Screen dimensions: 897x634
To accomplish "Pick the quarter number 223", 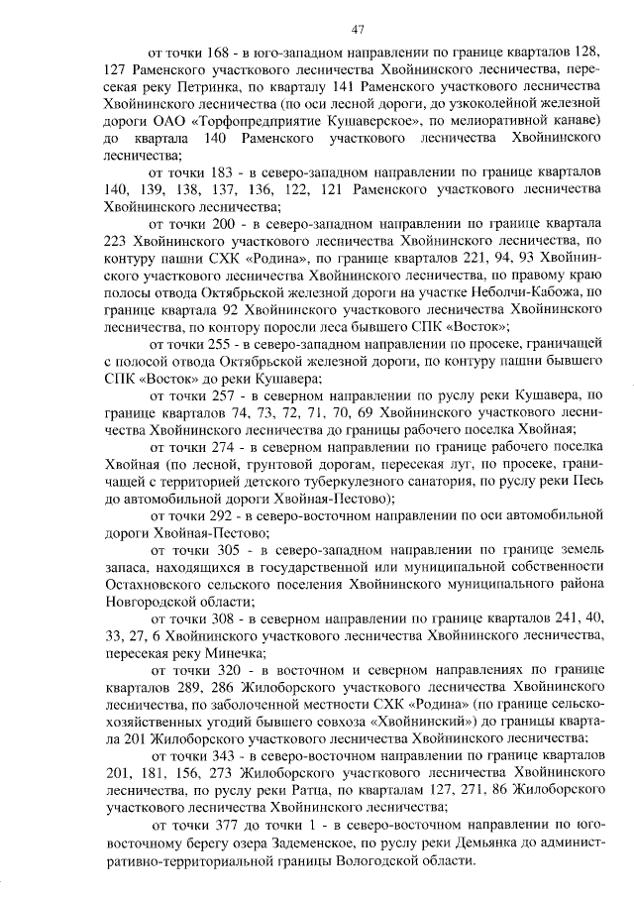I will coord(119,241).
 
